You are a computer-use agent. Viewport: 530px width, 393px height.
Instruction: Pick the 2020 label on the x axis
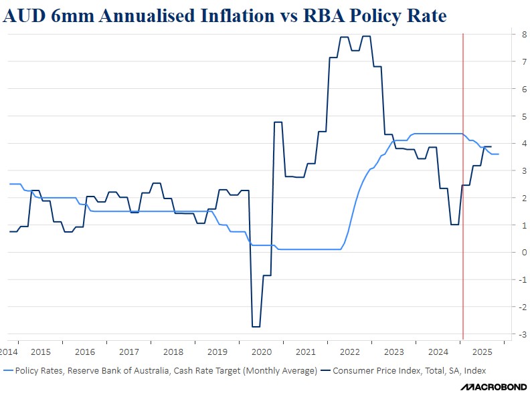click(260, 352)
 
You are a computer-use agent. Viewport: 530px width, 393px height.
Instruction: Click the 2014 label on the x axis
click(9, 352)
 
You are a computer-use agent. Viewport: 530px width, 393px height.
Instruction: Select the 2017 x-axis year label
click(128, 352)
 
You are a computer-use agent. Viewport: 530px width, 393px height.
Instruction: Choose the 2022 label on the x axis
click(348, 352)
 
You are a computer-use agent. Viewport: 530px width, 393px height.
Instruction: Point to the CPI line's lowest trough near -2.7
click(256, 326)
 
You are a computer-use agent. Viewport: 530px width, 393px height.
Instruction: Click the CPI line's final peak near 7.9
click(367, 37)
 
